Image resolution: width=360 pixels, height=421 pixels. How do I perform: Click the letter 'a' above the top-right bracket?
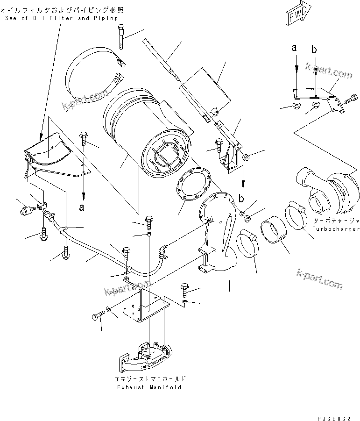[x=295, y=48]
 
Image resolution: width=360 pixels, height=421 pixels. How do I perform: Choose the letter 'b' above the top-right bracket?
[x=315, y=49]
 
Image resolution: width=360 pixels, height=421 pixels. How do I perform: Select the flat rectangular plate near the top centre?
[x=205, y=89]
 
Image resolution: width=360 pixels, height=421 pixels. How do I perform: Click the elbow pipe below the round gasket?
[x=217, y=243]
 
